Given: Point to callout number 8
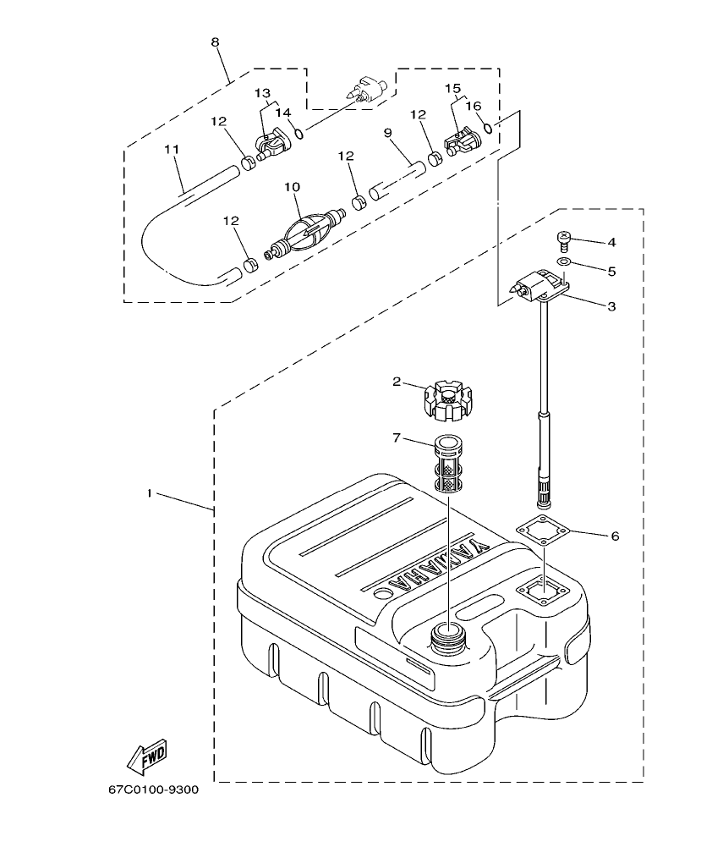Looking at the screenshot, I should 215,41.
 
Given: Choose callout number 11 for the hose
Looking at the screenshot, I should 172,149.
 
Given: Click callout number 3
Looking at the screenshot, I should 611,305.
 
